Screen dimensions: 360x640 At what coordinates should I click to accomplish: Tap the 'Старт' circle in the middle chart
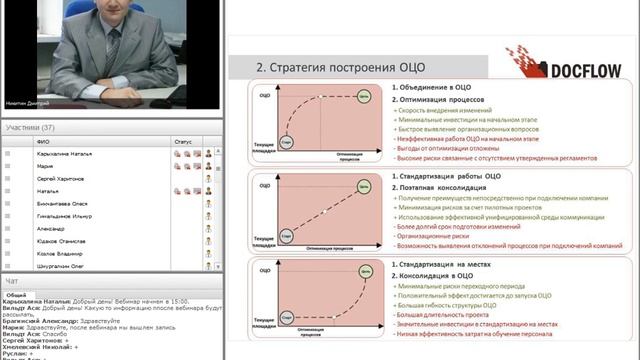287,237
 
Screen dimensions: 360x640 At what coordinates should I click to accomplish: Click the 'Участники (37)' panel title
30,128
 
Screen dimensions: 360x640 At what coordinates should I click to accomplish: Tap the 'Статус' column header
182,142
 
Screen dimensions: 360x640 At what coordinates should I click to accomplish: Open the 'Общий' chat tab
16,296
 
